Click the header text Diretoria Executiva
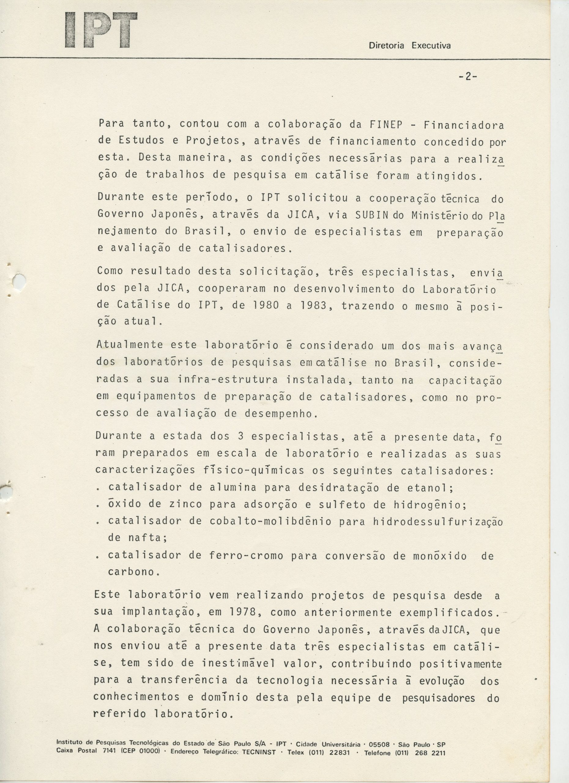click(410, 46)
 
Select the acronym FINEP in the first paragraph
click(386, 124)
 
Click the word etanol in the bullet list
click(432, 488)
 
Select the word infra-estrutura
click(228, 380)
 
